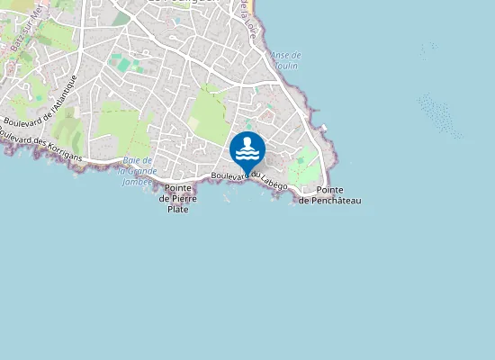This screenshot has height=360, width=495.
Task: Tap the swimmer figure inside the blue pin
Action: [247, 147]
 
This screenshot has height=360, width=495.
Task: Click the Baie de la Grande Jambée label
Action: [137, 170]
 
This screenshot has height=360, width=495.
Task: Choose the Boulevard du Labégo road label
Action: [249, 180]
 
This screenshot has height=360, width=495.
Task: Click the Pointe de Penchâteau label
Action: [329, 195]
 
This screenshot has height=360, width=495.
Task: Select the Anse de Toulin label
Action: [285, 60]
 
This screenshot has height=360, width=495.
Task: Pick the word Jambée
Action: [136, 181]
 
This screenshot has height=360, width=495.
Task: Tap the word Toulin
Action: [286, 66]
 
